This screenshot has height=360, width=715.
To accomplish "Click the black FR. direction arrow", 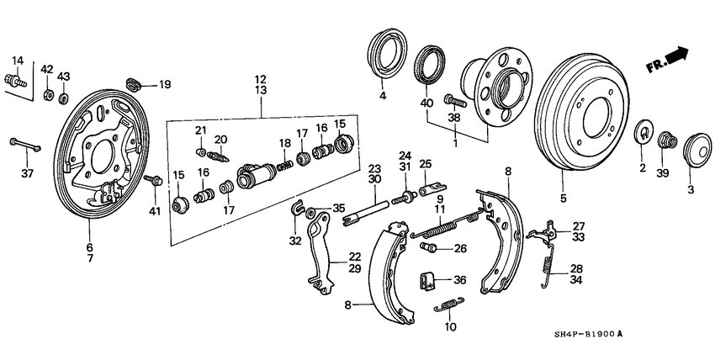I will tap(675, 56).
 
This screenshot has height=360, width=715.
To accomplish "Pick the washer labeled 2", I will tap(642, 133).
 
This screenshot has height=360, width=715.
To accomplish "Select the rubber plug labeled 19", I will tap(134, 83).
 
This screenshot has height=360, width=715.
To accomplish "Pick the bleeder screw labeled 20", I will tap(218, 155).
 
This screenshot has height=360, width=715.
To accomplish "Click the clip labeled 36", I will tap(429, 279).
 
